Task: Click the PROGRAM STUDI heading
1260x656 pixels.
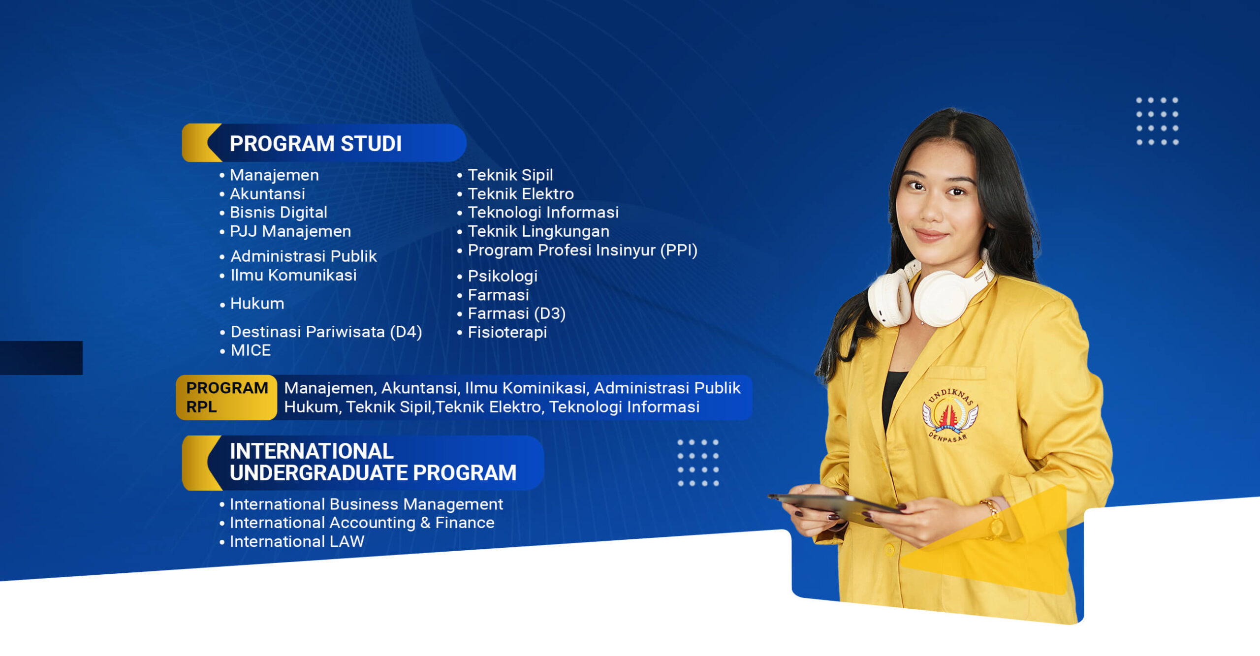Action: coord(315,144)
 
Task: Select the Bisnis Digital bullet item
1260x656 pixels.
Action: coord(279,212)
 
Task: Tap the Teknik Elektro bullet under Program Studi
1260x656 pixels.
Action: coord(521,193)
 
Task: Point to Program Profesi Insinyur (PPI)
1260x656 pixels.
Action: coord(582,250)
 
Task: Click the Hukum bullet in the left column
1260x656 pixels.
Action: coord(257,303)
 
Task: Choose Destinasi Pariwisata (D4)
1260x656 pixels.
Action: coord(326,332)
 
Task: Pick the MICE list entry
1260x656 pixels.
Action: coord(251,350)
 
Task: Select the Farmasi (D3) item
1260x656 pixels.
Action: coord(516,313)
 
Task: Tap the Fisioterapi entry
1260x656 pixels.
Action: coord(507,332)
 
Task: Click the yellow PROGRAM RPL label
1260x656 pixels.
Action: coord(226,398)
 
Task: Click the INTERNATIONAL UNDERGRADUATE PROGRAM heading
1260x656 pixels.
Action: coord(373,462)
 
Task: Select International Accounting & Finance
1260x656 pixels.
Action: coord(362,523)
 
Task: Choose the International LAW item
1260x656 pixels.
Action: coord(297,541)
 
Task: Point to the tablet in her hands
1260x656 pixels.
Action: coord(837,505)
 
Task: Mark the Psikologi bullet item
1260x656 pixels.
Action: coord(503,276)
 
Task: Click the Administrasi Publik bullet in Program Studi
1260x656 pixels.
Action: coord(304,256)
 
